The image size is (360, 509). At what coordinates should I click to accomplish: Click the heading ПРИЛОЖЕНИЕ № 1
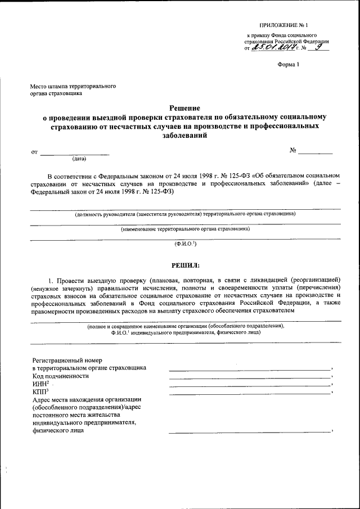[x=284, y=25]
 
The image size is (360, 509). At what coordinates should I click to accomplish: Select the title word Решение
[x=185, y=107]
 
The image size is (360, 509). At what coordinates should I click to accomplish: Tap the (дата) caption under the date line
[x=75, y=159]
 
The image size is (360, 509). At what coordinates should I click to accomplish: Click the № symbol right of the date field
[x=293, y=151]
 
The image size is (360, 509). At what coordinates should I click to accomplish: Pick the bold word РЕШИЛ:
[x=185, y=265]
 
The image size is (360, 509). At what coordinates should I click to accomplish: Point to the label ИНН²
[x=42, y=384]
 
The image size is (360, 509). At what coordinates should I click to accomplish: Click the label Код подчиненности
[x=61, y=376]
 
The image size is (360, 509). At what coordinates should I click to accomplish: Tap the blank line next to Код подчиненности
[x=250, y=379]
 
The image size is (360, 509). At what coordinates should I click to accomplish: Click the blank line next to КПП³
[x=250, y=394]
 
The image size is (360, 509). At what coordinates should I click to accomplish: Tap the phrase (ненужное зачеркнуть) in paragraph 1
[x=65, y=287]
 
